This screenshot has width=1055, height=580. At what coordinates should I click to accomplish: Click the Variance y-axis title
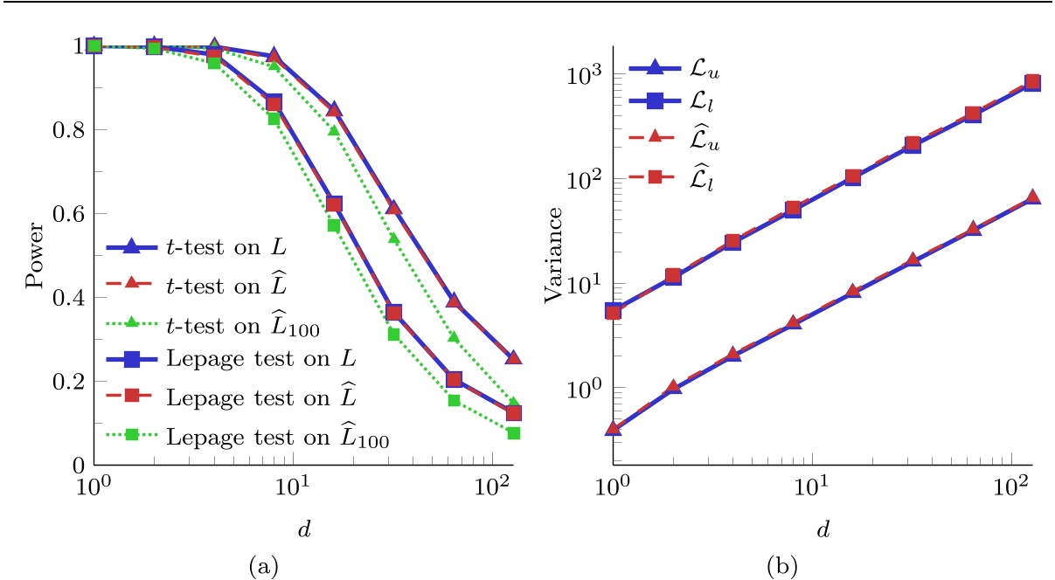click(552, 254)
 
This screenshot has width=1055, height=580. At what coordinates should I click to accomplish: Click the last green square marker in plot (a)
click(514, 433)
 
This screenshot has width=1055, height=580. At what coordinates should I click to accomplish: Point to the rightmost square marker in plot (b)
click(1032, 83)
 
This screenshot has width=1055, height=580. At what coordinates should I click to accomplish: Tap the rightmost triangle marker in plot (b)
click(1032, 197)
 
